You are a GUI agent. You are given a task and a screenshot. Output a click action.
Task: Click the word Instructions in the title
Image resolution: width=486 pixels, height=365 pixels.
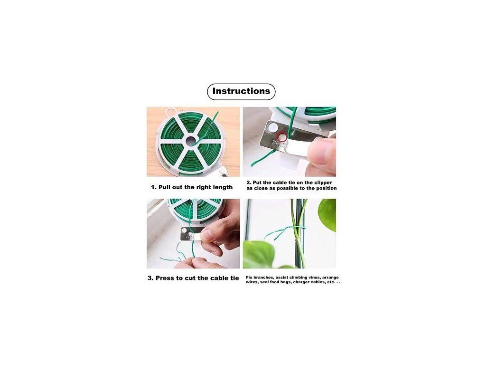pos(241,91)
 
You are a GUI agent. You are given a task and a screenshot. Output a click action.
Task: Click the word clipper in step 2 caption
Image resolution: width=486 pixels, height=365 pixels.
pos(323,183)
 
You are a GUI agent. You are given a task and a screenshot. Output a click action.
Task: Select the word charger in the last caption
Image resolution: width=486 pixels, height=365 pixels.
pos(303,282)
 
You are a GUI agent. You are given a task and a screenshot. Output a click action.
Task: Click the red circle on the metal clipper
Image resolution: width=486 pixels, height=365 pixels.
pos(282,136)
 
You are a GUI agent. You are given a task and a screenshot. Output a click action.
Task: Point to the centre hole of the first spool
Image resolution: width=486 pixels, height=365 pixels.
pos(191,141)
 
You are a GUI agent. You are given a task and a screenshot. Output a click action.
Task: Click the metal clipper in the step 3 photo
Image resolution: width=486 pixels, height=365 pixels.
pos(191,234)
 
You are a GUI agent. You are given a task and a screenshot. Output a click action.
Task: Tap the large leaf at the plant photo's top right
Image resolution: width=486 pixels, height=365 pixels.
pos(327,215)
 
